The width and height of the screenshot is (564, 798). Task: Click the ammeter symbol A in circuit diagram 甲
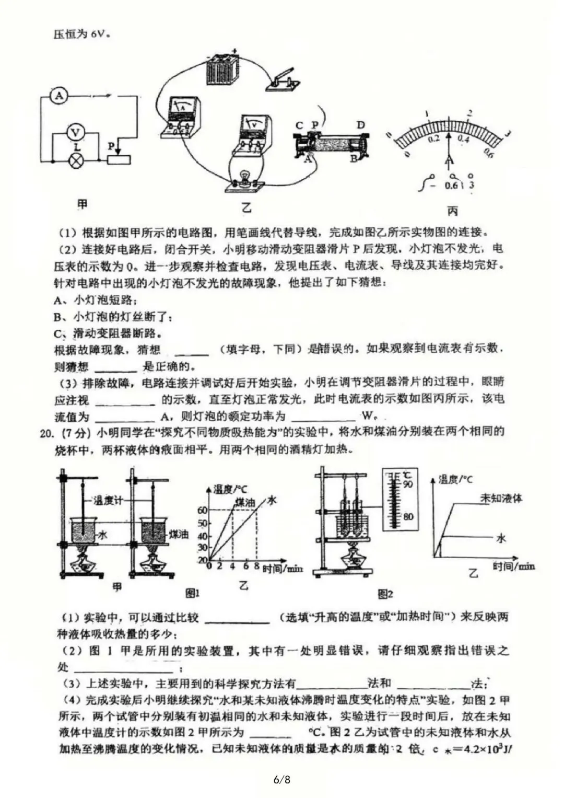point(60,96)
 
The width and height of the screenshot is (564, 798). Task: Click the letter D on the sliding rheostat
point(361,125)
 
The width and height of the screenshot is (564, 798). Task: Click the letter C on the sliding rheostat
point(299,125)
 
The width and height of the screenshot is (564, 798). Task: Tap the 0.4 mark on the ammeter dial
point(463,139)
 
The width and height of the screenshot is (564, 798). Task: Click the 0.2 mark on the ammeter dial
point(434,139)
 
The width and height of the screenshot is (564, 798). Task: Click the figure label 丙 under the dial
point(452,211)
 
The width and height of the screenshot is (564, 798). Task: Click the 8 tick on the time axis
point(256,566)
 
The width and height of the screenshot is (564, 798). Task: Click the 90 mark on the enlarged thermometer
point(407,484)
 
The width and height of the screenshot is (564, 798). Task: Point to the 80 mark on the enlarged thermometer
point(407,517)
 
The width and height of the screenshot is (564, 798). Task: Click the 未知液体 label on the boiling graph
point(501,498)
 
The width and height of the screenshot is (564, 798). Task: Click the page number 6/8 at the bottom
point(282,780)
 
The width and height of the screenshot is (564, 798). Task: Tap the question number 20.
point(47,432)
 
